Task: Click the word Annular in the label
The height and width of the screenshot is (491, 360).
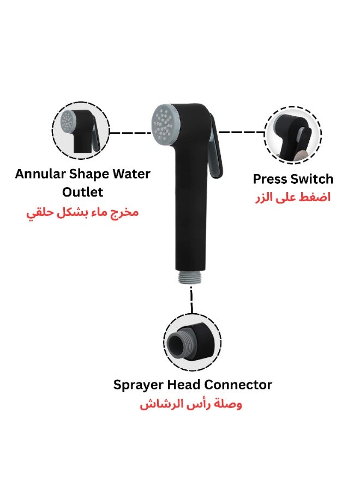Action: pyautogui.click(x=39, y=175)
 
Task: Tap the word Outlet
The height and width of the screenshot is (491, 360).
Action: pyautogui.click(x=82, y=193)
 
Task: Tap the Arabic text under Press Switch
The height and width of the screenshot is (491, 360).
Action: pyautogui.click(x=293, y=197)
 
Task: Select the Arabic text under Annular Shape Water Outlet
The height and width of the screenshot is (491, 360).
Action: pyautogui.click(x=82, y=212)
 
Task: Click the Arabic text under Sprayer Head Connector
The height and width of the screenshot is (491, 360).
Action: pyautogui.click(x=191, y=405)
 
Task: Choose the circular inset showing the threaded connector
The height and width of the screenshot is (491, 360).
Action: pyautogui.click(x=192, y=342)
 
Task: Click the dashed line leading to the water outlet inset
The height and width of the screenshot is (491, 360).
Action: pyautogui.click(x=128, y=132)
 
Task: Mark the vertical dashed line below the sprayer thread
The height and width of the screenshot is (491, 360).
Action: pyautogui.click(x=191, y=299)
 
